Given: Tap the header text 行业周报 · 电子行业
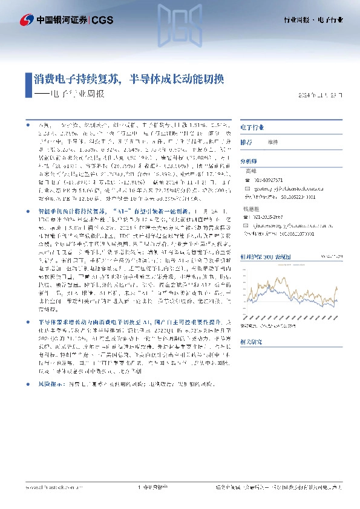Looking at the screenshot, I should (x=313, y=21).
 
